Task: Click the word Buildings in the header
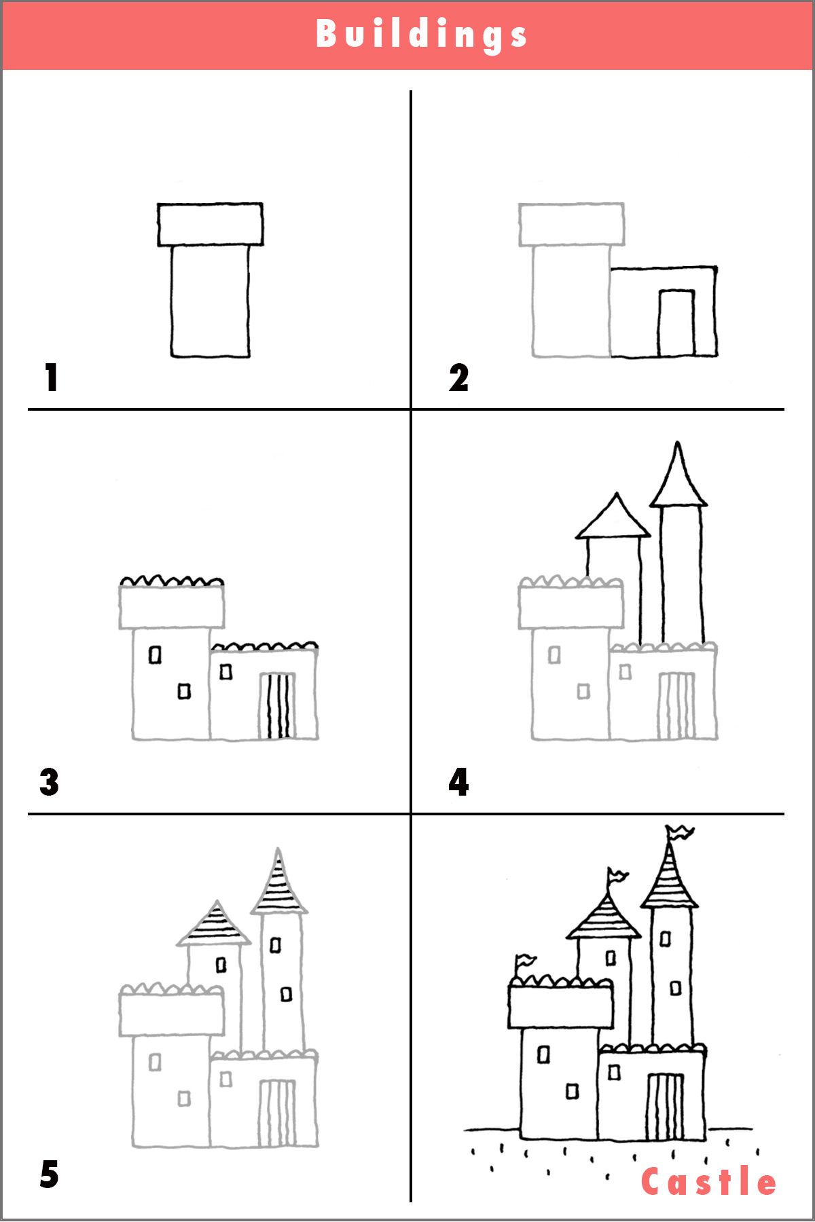[421, 34]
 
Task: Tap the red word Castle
[708, 1182]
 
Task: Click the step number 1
[52, 377]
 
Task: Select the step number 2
[458, 377]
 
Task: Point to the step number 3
[49, 782]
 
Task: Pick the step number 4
[458, 782]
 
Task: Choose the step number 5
[49, 1174]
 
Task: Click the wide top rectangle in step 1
[210, 224]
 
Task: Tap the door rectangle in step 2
[676, 323]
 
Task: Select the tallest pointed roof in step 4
[678, 479]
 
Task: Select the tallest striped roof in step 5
[278, 886]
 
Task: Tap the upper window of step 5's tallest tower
[275, 944]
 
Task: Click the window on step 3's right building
[226, 671]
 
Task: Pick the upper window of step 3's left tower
[156, 655]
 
